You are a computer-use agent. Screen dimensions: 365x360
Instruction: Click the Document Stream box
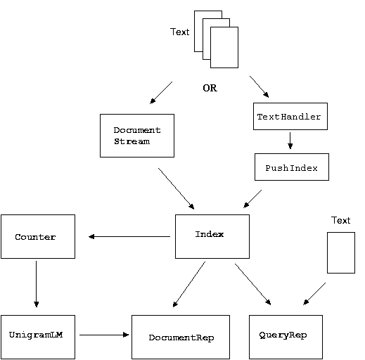137,136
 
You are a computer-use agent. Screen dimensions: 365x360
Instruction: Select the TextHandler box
290,116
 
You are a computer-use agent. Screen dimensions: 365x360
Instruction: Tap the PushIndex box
292,167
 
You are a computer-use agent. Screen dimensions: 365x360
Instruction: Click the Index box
212,236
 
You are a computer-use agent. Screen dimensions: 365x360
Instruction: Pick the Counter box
38,236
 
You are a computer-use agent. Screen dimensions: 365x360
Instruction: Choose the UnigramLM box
38,337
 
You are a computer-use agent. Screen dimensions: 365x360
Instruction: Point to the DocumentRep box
181,337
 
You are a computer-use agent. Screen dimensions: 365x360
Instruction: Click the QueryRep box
286,337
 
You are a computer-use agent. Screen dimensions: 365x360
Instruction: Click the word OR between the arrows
210,88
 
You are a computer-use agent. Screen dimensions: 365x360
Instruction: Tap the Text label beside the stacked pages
179,32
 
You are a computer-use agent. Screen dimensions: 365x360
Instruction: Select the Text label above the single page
340,220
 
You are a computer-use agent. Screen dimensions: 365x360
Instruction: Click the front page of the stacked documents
224,47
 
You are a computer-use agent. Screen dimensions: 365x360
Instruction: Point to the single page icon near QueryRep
341,252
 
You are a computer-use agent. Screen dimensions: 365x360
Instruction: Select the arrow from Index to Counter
129,237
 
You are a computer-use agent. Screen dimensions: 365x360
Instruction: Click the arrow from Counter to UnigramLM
37,284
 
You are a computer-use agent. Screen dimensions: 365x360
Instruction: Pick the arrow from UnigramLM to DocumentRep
104,335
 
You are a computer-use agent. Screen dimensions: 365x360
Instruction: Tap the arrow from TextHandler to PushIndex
290,141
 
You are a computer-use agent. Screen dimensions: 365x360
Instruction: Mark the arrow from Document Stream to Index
177,188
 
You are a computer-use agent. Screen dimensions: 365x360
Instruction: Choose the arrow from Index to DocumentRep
189,284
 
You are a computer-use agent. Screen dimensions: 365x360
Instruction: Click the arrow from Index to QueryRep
253,284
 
